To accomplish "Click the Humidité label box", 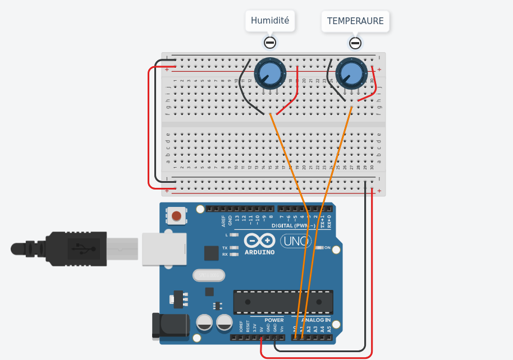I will pos(270,21).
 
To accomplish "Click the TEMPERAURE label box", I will pos(355,21).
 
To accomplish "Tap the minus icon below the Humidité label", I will pos(270,43).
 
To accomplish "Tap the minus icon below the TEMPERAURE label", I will pos(355,43).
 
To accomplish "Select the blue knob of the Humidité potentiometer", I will pos(270,73).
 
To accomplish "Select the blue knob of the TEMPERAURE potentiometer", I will pos(351,73).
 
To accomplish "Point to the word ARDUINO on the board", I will pos(260,252).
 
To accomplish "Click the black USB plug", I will pos(73,248).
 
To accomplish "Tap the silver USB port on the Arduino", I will pos(163,248).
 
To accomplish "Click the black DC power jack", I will pos(171,326).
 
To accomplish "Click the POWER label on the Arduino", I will pos(274,321).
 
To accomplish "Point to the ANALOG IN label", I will pos(315,321).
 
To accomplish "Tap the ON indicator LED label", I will pos(327,247).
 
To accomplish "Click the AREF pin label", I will pos(223,220).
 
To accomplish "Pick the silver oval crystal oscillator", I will pos(208,275).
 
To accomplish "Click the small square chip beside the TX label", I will pos(211,253).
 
